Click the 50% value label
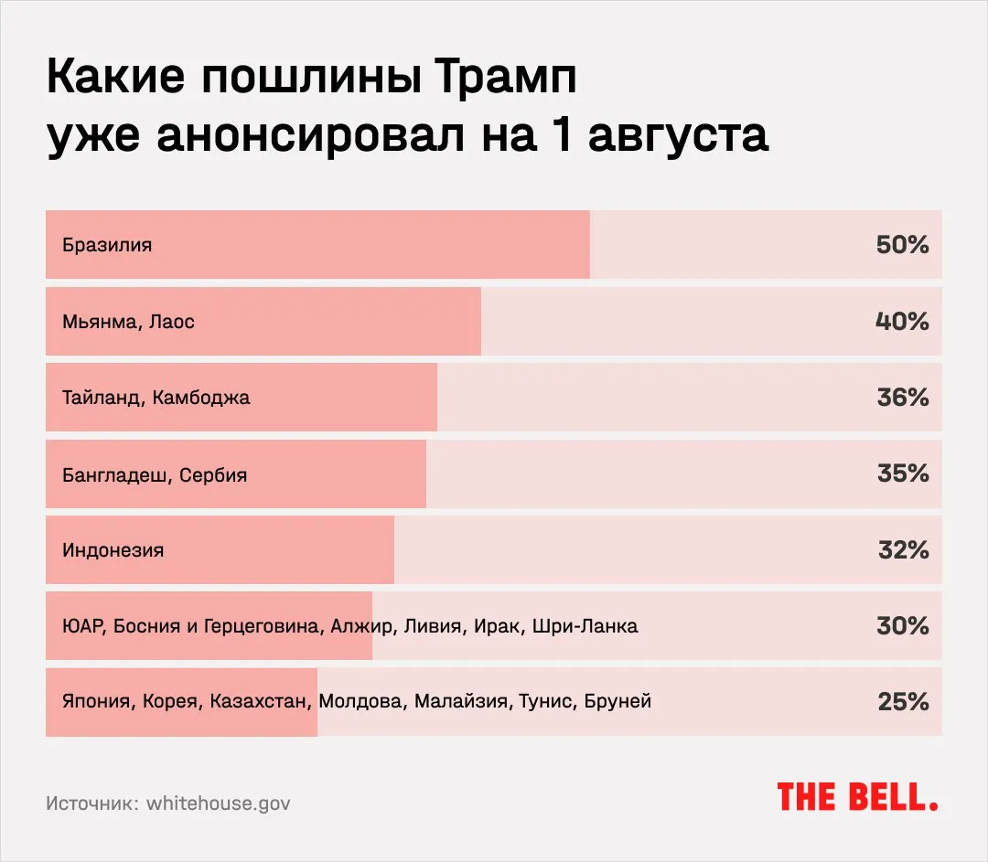[x=902, y=245]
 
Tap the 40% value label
[x=902, y=322]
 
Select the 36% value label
[x=902, y=398]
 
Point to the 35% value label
[x=902, y=474]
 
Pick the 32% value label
[x=902, y=550]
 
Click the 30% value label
[x=902, y=626]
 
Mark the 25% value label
[x=902, y=702]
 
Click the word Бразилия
[x=107, y=245]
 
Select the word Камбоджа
[x=201, y=399]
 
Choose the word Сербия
[x=213, y=475]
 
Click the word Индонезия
[x=113, y=550]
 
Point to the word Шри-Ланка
[x=585, y=626]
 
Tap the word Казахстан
[x=261, y=702]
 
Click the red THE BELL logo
[x=857, y=796]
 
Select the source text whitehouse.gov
[x=219, y=803]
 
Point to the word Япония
[x=99, y=702]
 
